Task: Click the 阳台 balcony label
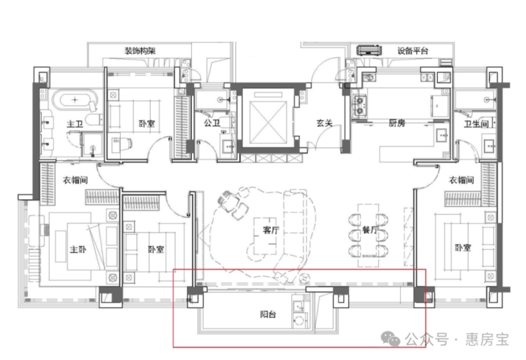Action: click(x=268, y=314)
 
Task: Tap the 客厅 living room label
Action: click(x=271, y=230)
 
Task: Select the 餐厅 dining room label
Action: click(x=370, y=230)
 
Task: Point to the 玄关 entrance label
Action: click(x=324, y=123)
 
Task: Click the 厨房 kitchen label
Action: click(x=397, y=123)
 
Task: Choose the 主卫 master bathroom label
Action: click(x=75, y=124)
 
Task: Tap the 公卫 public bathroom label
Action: click(x=212, y=123)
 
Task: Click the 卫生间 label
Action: click(x=476, y=124)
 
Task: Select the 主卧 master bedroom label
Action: click(x=77, y=249)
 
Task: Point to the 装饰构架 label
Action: click(x=140, y=51)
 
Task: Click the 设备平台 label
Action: click(x=413, y=51)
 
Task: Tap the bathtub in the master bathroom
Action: click(x=75, y=100)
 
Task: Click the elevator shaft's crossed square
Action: click(x=269, y=123)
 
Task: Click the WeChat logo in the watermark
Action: click(x=390, y=339)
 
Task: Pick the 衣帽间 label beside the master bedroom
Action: click(x=75, y=180)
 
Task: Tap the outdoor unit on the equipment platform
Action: click(x=369, y=51)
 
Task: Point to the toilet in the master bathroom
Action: click(x=94, y=119)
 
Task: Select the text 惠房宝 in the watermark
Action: click(x=487, y=339)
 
